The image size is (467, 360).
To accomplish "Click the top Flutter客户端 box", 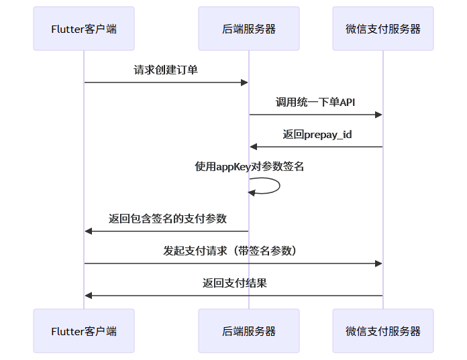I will (84, 29).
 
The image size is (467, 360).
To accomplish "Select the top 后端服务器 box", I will (249, 29).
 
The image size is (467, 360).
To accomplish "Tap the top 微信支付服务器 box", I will (383, 29).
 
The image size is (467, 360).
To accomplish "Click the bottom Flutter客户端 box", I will (84, 331).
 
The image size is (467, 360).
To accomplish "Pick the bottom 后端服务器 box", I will (249, 331).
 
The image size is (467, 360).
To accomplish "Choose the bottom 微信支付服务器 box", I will (383, 331).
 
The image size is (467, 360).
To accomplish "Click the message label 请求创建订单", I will (166, 70).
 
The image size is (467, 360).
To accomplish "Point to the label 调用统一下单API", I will (315, 103).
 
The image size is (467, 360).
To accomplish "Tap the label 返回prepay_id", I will (317, 135).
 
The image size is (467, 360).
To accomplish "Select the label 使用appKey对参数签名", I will (250, 167).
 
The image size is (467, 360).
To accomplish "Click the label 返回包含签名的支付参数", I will (168, 219).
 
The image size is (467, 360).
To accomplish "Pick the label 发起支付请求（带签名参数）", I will (232, 251).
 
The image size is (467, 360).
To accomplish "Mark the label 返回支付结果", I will (235, 283).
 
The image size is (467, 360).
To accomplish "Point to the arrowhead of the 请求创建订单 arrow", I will (245, 82).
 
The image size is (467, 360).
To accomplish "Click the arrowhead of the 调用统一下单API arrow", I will (379, 115).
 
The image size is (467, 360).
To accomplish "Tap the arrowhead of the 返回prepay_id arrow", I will (253, 147).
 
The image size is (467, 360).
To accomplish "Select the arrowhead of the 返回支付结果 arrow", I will (88, 296).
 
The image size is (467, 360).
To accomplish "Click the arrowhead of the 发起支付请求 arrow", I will (379, 263).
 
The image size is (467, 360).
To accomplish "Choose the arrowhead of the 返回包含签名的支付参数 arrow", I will (88, 231).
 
